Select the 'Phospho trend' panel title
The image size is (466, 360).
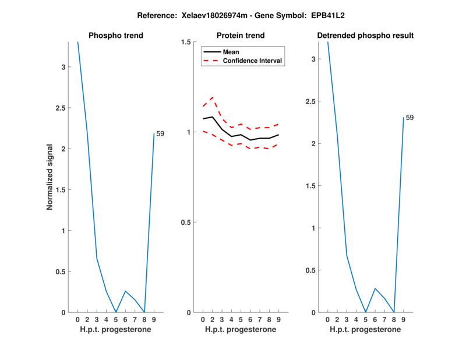click(x=116, y=36)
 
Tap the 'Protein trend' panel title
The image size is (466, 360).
click(x=241, y=36)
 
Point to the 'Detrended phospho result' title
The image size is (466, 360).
click(x=365, y=36)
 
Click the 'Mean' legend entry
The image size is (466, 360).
click(x=231, y=52)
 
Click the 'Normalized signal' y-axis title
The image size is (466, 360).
click(x=51, y=177)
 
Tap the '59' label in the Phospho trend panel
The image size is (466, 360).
click(x=160, y=134)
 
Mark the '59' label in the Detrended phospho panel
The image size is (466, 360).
click(x=409, y=118)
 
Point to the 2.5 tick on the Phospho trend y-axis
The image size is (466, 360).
click(x=63, y=108)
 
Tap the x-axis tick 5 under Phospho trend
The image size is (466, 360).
click(x=115, y=319)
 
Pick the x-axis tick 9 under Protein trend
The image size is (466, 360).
click(x=278, y=319)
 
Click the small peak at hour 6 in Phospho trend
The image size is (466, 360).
click(x=125, y=291)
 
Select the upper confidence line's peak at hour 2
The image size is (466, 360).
click(x=212, y=97)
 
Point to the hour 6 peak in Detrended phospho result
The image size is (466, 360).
click(x=375, y=288)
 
